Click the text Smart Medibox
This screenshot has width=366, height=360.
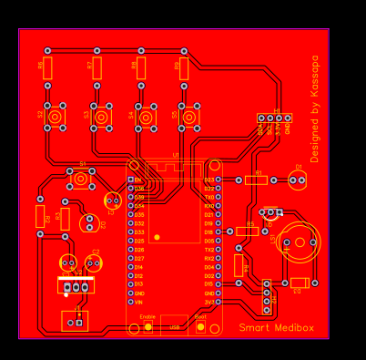pyautogui.click(x=277, y=327)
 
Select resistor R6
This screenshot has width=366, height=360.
pyautogui.click(x=48, y=67)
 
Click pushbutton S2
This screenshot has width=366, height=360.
pyautogui.click(x=56, y=117)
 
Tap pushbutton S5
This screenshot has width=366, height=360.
pyautogui.click(x=188, y=117)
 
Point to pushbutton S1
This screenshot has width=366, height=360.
pyautogui.click(x=81, y=179)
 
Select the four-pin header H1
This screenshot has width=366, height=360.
pyautogui.click(x=274, y=118)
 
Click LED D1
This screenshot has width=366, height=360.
pyautogui.click(x=298, y=180)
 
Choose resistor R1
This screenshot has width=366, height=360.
pyautogui.click(x=257, y=180)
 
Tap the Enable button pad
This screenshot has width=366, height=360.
pyautogui.click(x=147, y=326)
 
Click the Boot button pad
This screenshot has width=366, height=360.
pyautogui.click(x=200, y=326)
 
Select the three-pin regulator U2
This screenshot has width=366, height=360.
pyautogui.click(x=76, y=286)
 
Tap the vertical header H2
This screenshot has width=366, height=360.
pyautogui.click(x=267, y=293)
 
